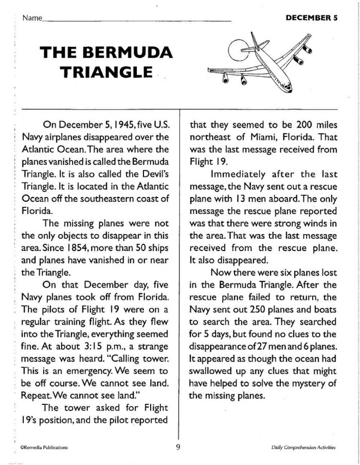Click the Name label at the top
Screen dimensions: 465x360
coord(32,18)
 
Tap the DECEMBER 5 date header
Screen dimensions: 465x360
coord(311,17)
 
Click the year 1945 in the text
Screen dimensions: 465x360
coord(122,124)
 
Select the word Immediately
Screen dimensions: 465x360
coord(236,174)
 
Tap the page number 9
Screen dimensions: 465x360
coord(178,446)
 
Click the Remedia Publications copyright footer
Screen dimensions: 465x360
coord(44,448)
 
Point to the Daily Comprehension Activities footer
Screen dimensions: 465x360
coord(303,448)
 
